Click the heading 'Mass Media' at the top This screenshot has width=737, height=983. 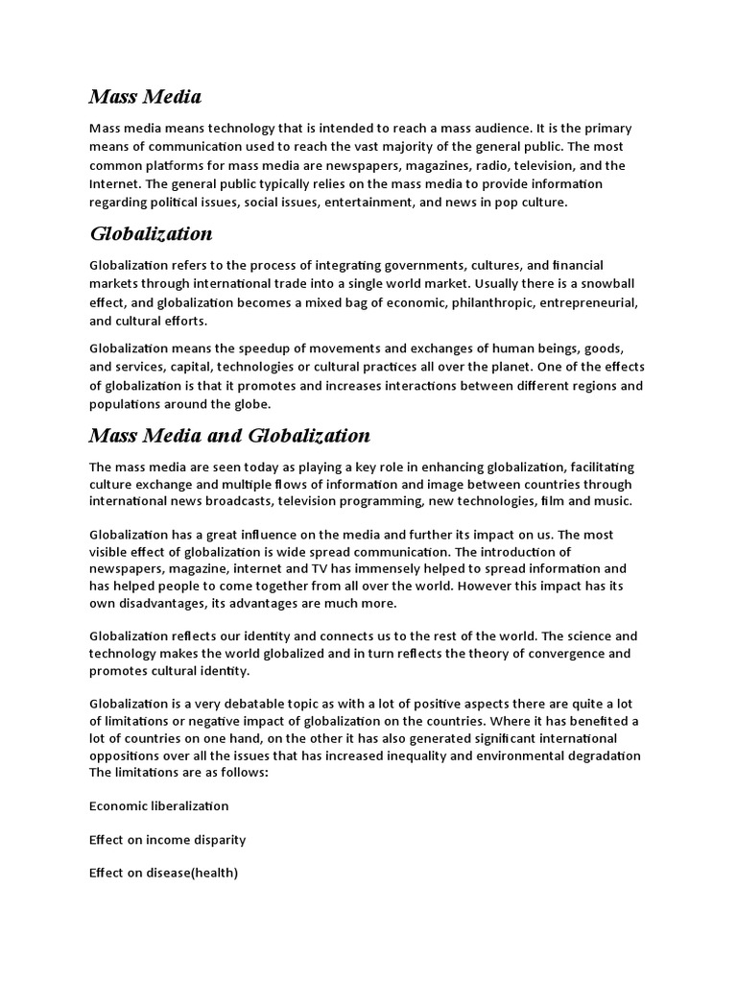[145, 96]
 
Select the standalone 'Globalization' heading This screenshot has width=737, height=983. [151, 234]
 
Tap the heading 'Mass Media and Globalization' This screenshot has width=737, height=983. [229, 436]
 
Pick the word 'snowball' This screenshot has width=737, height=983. [608, 284]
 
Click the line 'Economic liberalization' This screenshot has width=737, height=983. [159, 805]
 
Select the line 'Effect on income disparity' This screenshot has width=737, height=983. [168, 839]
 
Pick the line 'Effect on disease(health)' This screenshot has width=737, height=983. [163, 873]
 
